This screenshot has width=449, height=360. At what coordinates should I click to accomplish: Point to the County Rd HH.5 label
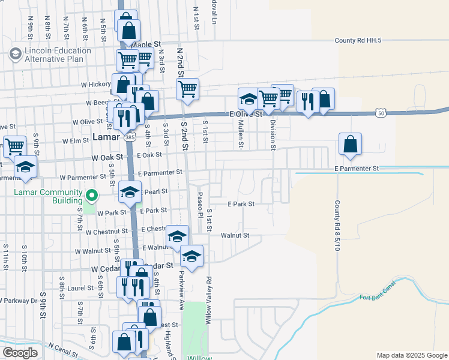coord(358,40)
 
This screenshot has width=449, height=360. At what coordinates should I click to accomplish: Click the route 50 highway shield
coord(381,112)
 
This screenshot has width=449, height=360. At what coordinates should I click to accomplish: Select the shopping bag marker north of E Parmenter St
coord(350,144)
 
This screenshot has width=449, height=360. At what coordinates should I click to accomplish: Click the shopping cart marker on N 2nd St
coord(188,89)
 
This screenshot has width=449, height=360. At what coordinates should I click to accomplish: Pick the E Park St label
coord(241,203)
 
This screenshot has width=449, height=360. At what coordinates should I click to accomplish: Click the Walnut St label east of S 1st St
coord(235,235)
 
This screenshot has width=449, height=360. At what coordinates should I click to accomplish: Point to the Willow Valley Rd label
coord(208,301)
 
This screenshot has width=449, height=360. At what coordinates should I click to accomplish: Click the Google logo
coord(20,352)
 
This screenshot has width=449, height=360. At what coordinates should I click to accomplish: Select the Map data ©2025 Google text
coord(411,355)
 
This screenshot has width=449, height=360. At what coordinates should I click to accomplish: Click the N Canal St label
coord(67,349)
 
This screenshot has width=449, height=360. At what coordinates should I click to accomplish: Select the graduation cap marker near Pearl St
coord(129,192)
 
